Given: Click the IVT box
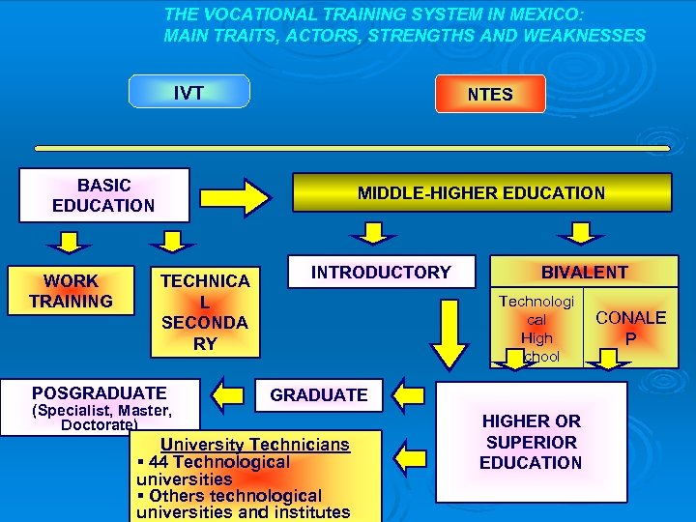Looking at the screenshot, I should click(x=189, y=92).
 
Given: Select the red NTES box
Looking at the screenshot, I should click(x=490, y=94).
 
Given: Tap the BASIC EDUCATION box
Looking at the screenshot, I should click(x=103, y=195).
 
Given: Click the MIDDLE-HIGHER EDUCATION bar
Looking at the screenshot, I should click(x=481, y=192).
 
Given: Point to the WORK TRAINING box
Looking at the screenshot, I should click(x=71, y=291).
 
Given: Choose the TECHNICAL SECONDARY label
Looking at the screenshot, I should click(x=205, y=311).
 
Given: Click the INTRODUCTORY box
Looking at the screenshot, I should click(x=381, y=273).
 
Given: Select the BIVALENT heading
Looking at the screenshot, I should click(x=584, y=273).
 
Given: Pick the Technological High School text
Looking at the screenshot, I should click(x=536, y=329).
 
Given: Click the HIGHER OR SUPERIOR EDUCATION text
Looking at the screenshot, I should click(x=531, y=442).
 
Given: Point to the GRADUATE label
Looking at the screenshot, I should click(x=319, y=394).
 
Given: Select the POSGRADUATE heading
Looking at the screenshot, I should click(x=100, y=392).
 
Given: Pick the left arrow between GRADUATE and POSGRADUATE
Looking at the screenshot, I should click(x=230, y=394).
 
